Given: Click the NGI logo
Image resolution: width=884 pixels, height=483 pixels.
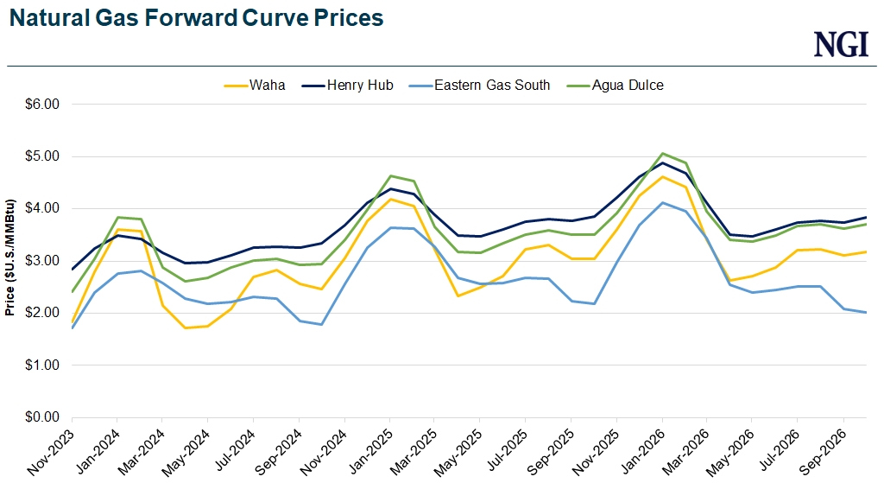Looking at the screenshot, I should point(841,44).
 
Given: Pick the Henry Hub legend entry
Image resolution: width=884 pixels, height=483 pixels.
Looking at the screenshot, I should point(355,85).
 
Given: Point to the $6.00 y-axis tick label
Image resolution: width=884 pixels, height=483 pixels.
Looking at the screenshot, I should point(41,105).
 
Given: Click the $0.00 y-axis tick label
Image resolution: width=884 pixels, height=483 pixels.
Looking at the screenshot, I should point(41,417).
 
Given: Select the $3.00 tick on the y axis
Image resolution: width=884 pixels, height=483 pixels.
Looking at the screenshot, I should point(41,261).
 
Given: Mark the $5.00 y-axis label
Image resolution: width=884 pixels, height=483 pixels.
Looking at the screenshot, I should point(41,156).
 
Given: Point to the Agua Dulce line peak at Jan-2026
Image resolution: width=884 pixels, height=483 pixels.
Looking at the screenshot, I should point(662,154).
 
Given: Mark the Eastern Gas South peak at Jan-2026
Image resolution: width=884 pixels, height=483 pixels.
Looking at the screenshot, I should point(662,203).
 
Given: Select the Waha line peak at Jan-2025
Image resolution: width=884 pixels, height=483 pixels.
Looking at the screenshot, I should point(389,200).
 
